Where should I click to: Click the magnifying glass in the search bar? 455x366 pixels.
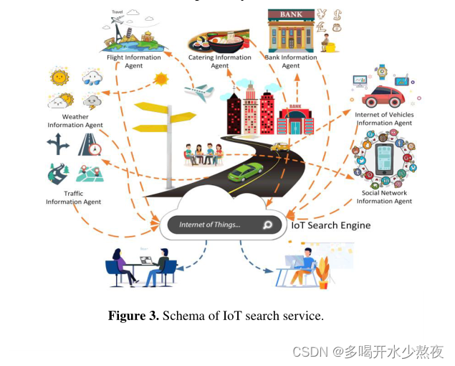267,225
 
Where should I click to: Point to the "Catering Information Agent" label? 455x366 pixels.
220,62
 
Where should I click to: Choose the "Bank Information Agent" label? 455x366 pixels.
291,62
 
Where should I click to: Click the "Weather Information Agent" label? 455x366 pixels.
75,121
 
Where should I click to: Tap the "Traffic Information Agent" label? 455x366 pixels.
73,197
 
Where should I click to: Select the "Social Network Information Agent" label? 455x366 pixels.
384,197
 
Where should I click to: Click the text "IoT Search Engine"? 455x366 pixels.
330,225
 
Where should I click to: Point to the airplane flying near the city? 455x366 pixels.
198,91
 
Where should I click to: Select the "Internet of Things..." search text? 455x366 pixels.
210,225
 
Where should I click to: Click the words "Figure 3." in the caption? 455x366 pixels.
133,316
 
